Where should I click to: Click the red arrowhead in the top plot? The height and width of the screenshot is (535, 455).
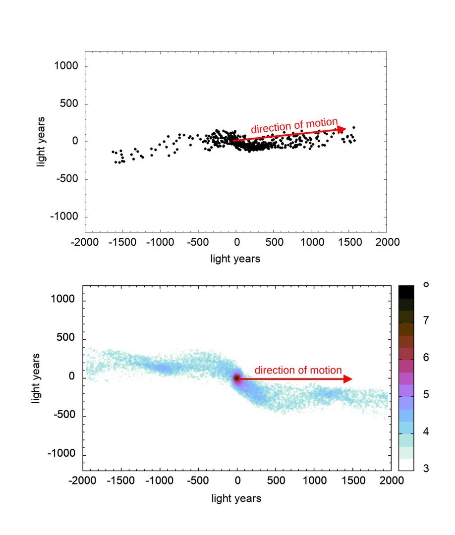coord(341,129)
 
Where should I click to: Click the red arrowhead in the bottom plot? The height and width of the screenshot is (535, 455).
coord(348,379)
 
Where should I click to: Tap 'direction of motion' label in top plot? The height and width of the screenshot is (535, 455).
coord(294,126)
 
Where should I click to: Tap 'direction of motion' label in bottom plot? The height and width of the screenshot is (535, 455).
coord(298,370)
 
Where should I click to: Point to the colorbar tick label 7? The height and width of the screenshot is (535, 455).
coord(426,321)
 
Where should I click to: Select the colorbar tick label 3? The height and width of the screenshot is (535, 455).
coord(426,469)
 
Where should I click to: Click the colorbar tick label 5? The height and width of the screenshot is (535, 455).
coord(426,395)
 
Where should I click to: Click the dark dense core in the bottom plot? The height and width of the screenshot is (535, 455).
coord(237,378)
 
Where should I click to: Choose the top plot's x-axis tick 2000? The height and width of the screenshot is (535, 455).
coord(387,242)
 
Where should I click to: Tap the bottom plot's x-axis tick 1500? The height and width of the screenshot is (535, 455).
coord(352,481)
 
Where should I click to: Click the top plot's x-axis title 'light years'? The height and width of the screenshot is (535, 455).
coord(235,258)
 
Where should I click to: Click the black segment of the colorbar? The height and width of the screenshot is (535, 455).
coord(406,292)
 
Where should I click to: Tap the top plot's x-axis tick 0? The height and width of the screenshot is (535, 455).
coord(236,242)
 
